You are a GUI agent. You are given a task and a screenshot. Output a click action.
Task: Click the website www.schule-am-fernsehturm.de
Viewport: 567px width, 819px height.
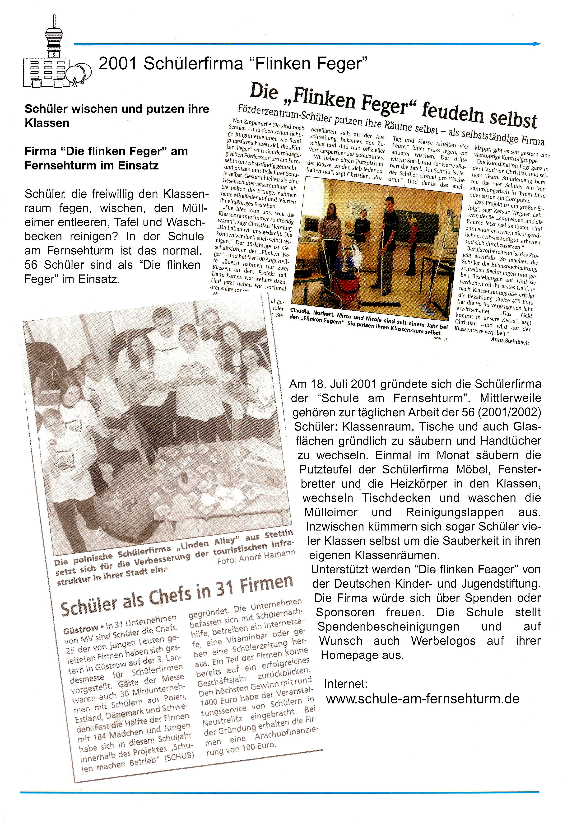click(423, 698)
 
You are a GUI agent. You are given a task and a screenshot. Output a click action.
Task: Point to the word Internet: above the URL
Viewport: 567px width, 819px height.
click(346, 684)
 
